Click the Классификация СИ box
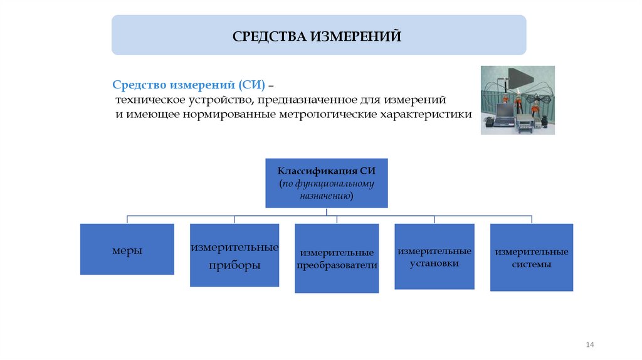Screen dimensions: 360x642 point(327,183)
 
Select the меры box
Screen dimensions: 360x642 point(127,249)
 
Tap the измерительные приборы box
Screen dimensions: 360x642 point(234,255)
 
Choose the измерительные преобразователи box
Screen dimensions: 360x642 point(337,258)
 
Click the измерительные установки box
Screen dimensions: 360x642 point(434,257)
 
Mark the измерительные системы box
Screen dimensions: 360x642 point(532,257)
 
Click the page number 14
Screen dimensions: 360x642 point(589,345)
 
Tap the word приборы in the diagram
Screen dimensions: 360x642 point(234,265)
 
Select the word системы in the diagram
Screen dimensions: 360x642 point(532,265)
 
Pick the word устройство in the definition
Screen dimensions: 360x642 point(216,100)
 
